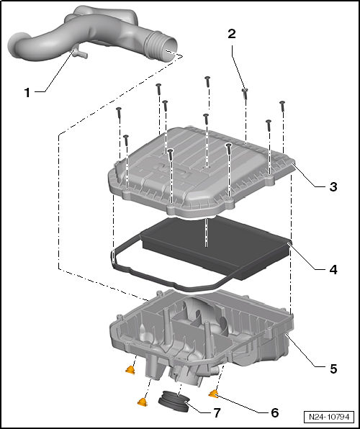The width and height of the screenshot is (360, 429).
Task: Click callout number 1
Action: pos(27,92)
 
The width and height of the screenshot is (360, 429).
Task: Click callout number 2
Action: pos(232,34)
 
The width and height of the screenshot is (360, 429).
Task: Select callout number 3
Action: pos(333,187)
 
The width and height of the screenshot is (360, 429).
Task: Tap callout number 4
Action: pos(333,270)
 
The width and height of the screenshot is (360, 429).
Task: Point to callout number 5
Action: pos(333,369)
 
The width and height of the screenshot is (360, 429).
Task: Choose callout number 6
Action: pos(274,413)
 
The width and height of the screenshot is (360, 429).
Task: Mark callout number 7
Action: pos(217,413)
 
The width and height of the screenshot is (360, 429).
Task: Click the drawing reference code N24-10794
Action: pos(329,417)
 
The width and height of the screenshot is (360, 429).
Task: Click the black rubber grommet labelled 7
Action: pos(174,401)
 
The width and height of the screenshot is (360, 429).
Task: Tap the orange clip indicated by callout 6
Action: pos(214,394)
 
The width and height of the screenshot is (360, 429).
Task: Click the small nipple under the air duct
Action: pos(79,53)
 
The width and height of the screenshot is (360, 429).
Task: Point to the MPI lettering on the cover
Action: pos(171,171)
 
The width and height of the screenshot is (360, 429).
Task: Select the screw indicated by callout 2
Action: pos(245,94)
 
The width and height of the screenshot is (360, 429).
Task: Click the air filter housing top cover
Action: pos(201,171)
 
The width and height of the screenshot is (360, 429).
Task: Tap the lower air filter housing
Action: pos(201,337)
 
